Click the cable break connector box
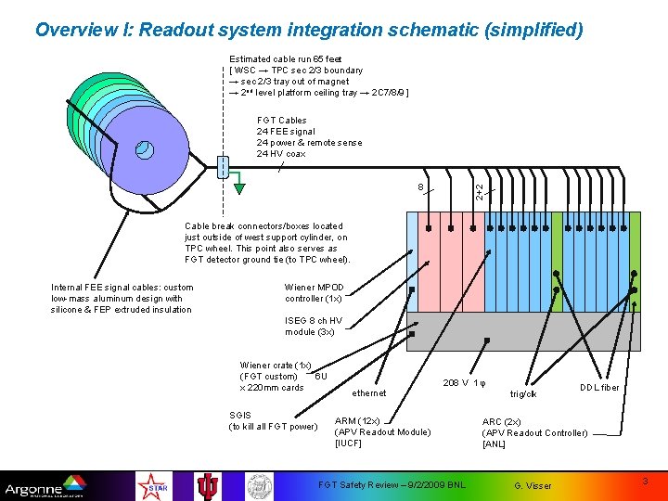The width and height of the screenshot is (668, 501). click(221, 167)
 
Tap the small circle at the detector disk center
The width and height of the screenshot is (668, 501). click(144, 148)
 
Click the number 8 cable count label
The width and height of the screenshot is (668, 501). click(420, 187)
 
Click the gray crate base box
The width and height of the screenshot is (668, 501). click(524, 331)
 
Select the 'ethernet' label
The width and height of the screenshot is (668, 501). click(369, 392)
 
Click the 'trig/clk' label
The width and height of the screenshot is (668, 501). click(524, 393)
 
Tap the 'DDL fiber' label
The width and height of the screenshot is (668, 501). click(599, 387)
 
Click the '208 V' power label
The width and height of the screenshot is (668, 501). click(456, 382)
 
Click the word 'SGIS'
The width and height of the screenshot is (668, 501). click(239, 415)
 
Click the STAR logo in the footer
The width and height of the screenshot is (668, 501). click(151, 485)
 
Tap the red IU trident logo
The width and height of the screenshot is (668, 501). click(207, 485)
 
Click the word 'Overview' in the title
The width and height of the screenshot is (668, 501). click(76, 30)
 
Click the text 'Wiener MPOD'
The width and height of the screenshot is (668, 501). click(314, 288)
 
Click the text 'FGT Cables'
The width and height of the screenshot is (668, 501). click(281, 121)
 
